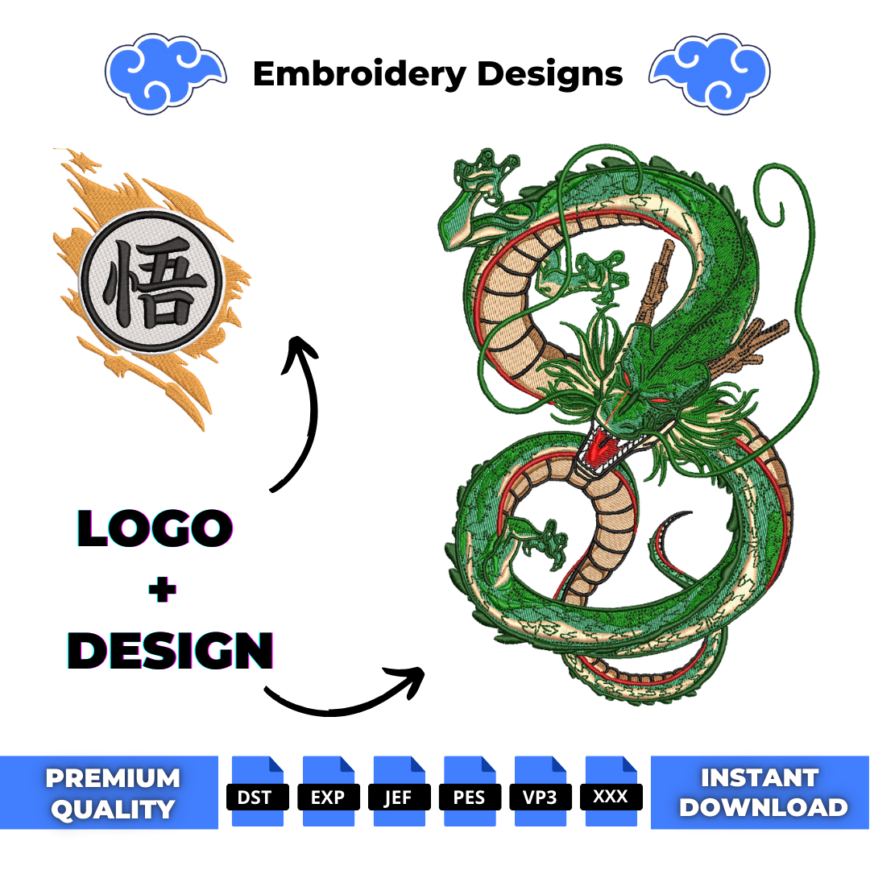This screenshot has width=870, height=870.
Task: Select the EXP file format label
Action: point(328,797)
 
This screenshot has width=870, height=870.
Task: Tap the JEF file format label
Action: point(399,797)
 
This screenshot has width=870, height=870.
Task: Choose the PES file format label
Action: point(470,797)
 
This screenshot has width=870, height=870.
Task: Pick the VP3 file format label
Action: point(540,797)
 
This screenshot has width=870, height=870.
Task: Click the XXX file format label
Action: point(611,797)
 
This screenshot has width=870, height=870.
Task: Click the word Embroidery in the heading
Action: point(359,74)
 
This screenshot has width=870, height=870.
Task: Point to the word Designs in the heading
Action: point(550,74)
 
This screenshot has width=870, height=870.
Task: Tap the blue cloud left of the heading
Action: point(165,73)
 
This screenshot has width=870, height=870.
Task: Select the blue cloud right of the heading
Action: point(710,73)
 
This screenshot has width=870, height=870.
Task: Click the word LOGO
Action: point(155,528)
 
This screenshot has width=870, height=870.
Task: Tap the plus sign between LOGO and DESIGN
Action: point(163,590)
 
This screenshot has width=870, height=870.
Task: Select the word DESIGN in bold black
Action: point(170,650)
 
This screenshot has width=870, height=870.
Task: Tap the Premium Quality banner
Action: point(110,793)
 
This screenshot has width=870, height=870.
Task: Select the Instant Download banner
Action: point(760,793)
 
